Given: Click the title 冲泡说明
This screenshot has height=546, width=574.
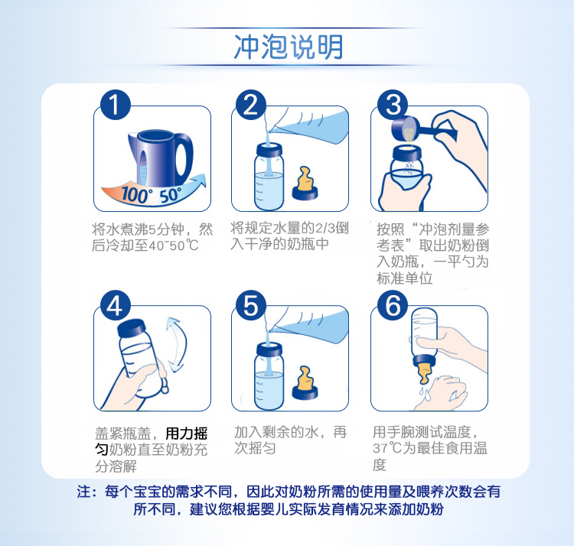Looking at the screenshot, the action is tap(289, 47).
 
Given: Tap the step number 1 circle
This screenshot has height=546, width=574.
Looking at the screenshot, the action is tap(115, 105).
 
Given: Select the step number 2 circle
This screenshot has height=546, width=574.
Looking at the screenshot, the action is tap(251, 105).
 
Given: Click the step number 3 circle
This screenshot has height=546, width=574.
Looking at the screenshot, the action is tap(393, 105).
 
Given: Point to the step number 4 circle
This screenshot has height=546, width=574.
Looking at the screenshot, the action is tap(115, 305).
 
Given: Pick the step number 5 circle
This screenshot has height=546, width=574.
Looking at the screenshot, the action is tap(251, 305).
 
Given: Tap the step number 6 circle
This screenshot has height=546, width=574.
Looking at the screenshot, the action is tap(393, 305).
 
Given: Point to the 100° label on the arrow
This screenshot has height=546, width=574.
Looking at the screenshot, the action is tap(135, 194).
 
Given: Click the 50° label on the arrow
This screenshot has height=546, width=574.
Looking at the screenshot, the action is tap(171, 195).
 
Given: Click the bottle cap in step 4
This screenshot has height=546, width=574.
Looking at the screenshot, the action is tap(131, 328).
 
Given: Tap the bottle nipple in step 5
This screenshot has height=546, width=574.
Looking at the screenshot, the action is tap(305, 382).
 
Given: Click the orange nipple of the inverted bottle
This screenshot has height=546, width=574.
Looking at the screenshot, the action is tap(425, 373).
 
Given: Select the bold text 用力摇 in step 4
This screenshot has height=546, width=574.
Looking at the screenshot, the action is tap(186, 434).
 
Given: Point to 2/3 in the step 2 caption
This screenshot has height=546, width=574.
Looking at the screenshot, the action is tap(325, 228).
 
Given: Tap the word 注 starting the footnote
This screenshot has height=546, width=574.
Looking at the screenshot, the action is tap(84, 492).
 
